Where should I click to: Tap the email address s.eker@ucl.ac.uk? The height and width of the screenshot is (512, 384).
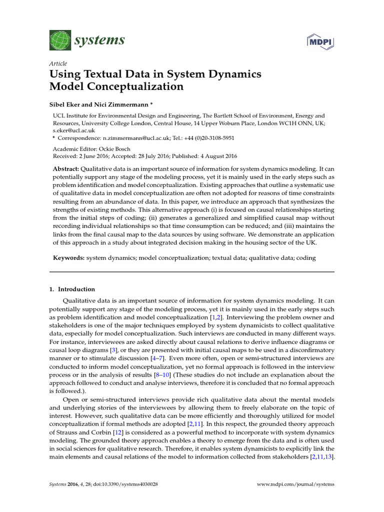point(73,130)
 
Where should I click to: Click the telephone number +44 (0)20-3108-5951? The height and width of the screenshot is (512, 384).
point(207,137)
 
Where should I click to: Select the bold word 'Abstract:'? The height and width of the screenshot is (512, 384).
point(66,169)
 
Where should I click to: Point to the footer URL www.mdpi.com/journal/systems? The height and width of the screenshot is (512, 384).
point(295,484)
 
